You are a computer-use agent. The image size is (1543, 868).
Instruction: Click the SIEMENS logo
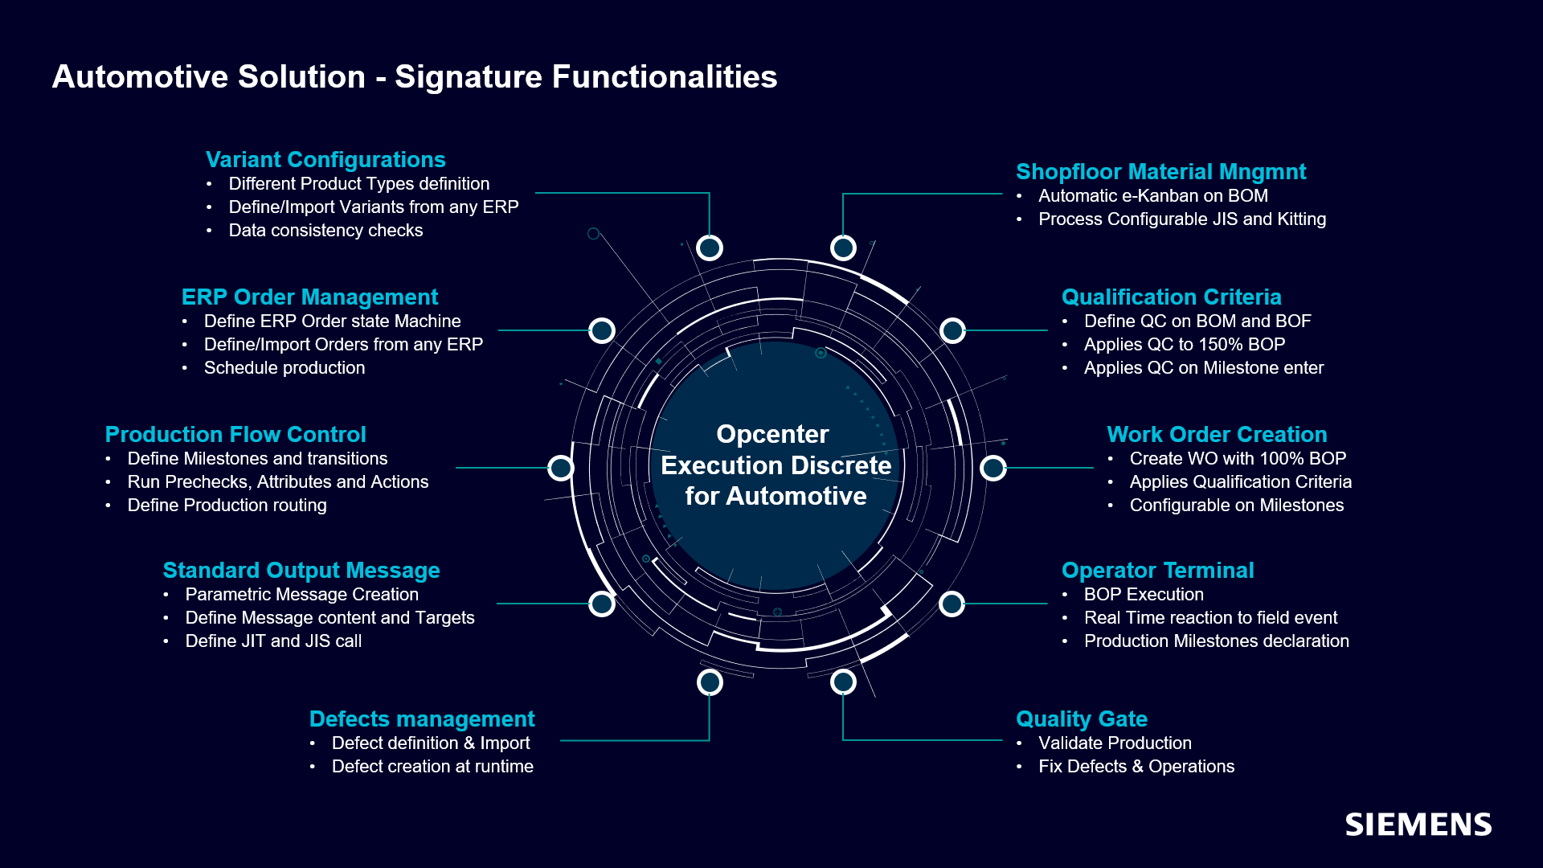pos(1418,825)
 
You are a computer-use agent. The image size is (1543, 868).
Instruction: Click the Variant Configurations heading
pos(325,159)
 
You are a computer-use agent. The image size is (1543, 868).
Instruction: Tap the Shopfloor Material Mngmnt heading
pos(1160,171)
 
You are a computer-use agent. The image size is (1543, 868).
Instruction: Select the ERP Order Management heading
pos(309,297)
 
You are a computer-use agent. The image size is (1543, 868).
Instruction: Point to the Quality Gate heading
pos(1081,719)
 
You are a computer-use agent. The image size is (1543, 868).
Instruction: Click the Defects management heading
pos(422,719)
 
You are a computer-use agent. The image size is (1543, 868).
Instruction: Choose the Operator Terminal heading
pos(1157,570)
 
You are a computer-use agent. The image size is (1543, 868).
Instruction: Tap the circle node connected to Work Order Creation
pos(993,467)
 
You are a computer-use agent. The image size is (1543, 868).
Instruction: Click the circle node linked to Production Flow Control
pos(561,467)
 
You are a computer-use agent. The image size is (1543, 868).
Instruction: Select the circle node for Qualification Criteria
pos(952,330)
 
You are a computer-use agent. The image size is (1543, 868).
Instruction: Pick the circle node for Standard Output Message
pos(602,604)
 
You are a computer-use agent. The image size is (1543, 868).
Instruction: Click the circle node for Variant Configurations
pos(710,248)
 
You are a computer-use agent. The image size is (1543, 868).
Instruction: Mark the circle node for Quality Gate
pos(843,682)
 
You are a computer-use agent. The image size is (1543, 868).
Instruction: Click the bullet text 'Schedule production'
pos(284,367)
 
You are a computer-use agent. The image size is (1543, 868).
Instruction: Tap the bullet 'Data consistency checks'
pos(325,230)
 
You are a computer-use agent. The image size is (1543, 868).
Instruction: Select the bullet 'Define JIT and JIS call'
pos(273,641)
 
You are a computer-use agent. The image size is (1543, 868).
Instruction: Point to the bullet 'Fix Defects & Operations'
pos(1136,766)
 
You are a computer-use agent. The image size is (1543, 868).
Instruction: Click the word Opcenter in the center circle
pos(772,434)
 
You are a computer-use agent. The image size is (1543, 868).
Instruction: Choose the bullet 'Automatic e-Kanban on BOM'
pos(1152,195)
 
